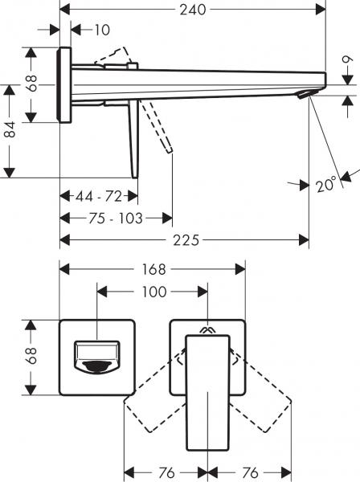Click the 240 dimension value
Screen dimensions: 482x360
193,10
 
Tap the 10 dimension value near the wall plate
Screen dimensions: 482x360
100,31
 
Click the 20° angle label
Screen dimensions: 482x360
325,185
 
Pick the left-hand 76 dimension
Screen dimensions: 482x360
165,471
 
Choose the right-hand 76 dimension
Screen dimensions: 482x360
250,471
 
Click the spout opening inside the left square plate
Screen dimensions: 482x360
96,356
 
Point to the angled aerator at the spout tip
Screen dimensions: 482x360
304,95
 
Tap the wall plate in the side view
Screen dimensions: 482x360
64,84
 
